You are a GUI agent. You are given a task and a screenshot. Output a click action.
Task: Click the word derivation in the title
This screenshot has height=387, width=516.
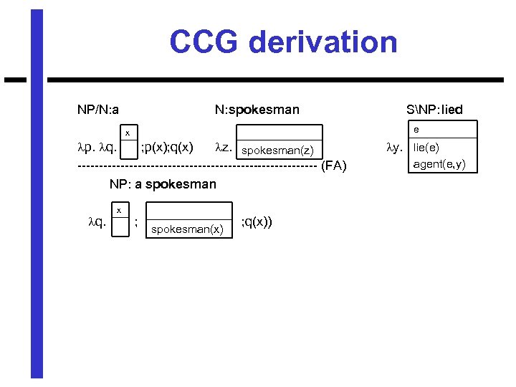click(323, 42)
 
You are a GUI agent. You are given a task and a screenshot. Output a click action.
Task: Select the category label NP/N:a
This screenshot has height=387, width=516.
click(98, 110)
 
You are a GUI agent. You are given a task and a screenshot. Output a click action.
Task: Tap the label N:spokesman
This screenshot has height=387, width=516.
click(257, 110)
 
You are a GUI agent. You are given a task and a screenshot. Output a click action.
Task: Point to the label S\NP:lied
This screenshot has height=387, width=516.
click(434, 110)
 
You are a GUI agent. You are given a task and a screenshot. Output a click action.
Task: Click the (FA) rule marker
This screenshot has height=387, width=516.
click(334, 167)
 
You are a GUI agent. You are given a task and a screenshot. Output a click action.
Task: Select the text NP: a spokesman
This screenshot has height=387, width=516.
click(163, 184)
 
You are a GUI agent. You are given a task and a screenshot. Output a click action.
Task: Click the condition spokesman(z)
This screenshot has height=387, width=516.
click(277, 150)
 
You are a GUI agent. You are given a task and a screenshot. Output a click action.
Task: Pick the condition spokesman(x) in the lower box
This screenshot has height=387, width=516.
click(187, 229)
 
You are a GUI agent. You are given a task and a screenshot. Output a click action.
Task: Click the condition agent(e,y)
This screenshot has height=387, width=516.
click(439, 164)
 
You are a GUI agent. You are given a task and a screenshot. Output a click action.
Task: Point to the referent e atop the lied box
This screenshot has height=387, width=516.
click(416, 130)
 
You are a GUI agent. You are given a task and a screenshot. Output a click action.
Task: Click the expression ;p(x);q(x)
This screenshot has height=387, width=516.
click(166, 148)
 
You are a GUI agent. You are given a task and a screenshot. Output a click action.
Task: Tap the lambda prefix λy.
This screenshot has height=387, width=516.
click(394, 148)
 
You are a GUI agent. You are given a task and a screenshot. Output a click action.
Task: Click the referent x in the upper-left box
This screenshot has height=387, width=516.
click(128, 133)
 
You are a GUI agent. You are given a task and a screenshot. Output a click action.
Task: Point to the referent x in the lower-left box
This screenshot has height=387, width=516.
click(119, 209)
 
